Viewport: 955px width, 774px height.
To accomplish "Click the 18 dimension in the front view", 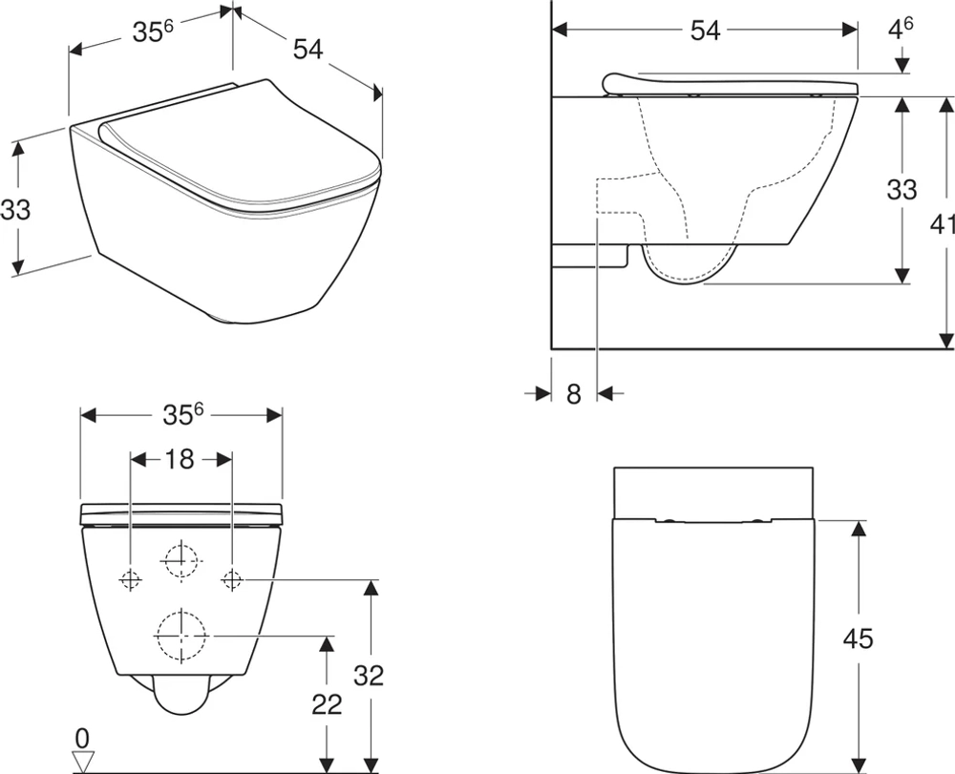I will (x=180, y=459).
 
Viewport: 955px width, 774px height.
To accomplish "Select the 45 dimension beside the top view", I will (x=858, y=638).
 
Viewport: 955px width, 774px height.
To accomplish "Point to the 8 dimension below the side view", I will (x=573, y=393).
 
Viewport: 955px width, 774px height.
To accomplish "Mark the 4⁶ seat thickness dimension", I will (x=901, y=29).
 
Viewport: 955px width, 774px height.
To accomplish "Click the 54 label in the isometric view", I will (x=308, y=50).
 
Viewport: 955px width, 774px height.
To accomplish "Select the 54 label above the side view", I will (x=705, y=31).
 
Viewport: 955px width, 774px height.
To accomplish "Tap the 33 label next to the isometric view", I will (x=15, y=208).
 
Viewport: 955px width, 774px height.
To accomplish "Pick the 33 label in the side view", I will (x=901, y=189).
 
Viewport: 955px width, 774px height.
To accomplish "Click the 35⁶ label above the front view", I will (x=182, y=414).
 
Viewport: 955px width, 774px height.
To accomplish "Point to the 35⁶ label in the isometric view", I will (x=152, y=32).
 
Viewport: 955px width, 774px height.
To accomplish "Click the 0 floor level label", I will (x=82, y=738).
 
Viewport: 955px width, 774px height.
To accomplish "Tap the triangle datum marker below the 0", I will (x=83, y=761).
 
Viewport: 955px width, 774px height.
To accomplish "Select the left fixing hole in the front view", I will (x=130, y=578).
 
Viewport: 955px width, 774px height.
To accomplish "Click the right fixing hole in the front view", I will (x=232, y=578).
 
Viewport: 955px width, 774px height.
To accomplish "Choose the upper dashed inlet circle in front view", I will (x=180, y=559).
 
